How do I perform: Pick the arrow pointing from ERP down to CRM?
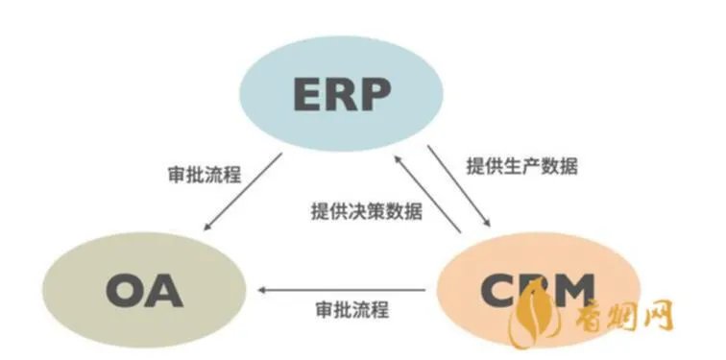pyautogui.click(x=458, y=187)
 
